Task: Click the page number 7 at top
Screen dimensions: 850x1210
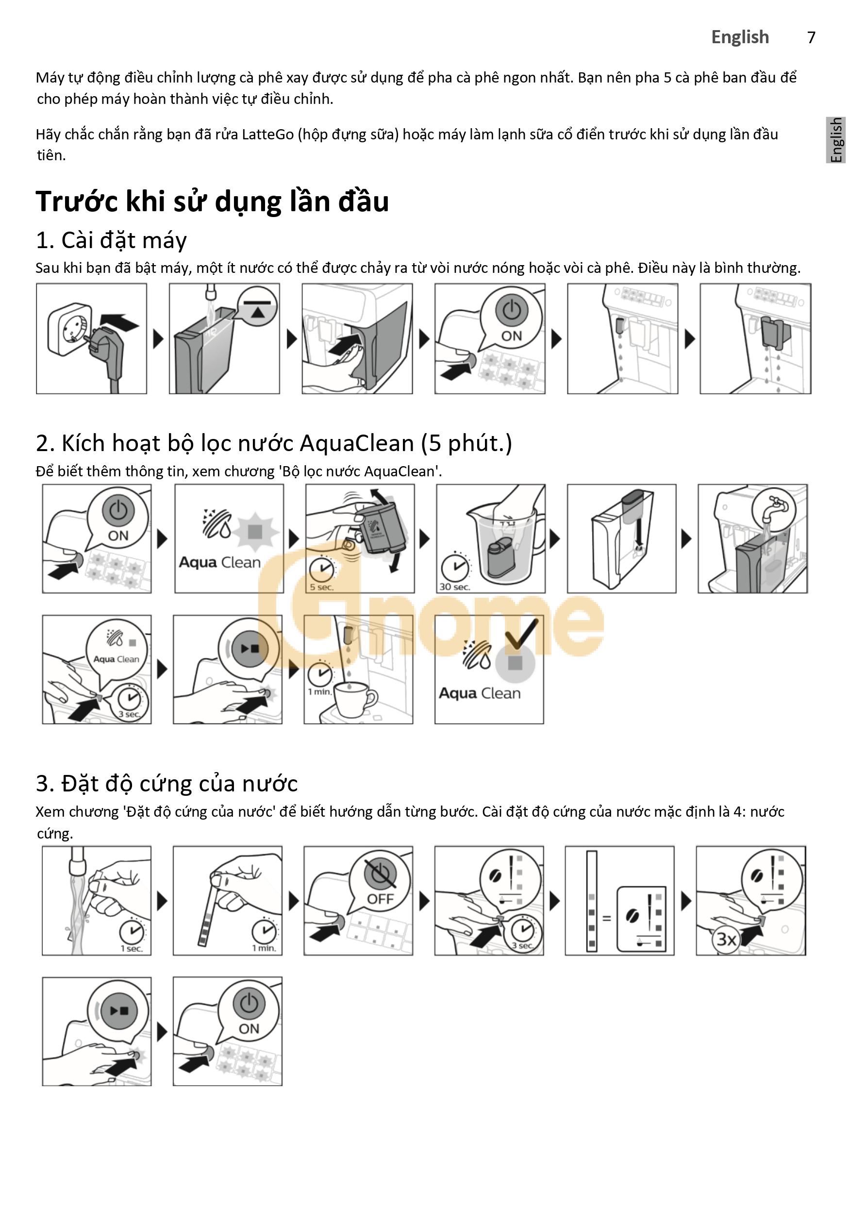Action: tap(811, 37)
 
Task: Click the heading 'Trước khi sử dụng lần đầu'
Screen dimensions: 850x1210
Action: tap(212, 202)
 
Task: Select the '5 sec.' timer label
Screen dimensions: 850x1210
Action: tap(321, 587)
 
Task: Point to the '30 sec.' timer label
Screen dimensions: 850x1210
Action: tap(454, 587)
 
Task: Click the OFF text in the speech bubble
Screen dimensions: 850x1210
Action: tap(381, 899)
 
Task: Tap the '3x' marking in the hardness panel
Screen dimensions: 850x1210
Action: tap(726, 939)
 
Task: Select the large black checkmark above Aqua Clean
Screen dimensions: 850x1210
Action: tap(521, 633)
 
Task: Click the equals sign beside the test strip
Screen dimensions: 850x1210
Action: tap(606, 918)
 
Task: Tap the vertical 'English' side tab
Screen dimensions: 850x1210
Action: tap(836, 140)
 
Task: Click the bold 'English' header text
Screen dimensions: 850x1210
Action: tap(740, 37)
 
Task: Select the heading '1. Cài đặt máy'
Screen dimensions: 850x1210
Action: tap(111, 241)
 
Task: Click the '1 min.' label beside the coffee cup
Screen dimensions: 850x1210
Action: tap(319, 691)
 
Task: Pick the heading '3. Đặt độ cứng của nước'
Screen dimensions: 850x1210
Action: tap(167, 784)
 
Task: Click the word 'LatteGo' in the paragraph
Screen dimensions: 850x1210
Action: tap(267, 135)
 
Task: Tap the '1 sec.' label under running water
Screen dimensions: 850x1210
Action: tap(132, 948)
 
